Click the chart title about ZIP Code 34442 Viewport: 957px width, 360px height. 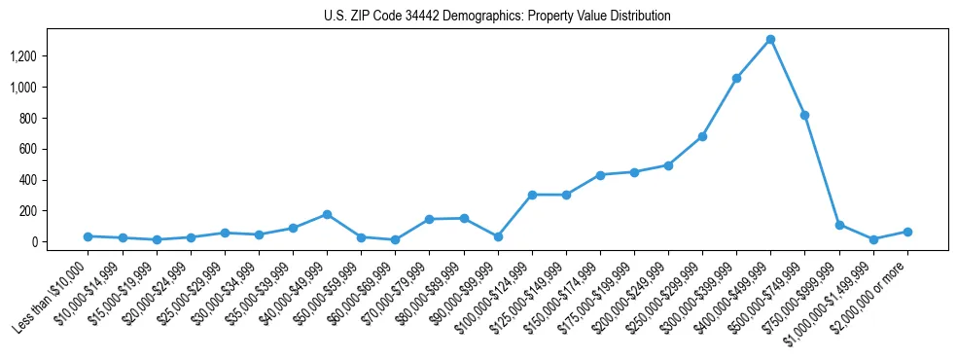497,17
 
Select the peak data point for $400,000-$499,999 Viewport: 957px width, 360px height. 770,40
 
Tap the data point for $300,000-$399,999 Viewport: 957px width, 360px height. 736,79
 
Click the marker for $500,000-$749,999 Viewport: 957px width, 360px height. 804,116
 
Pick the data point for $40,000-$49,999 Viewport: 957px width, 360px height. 327,214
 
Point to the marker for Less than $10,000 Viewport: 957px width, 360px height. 88,236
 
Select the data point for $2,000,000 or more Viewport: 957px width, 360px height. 907,232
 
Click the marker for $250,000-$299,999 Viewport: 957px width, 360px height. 702,137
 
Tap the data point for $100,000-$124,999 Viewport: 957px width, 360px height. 532,195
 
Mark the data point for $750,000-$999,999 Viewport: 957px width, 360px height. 839,225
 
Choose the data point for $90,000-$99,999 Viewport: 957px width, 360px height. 498,236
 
